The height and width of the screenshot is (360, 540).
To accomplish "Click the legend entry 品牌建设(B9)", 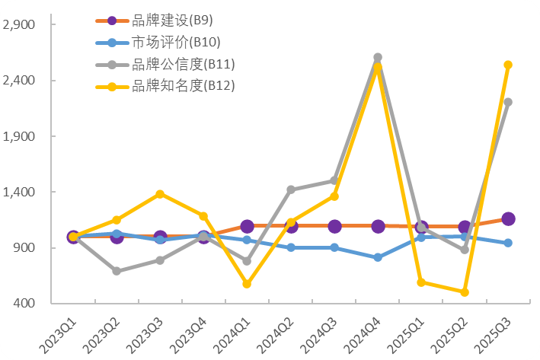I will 163,21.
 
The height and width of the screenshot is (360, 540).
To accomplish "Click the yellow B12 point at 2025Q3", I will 508,65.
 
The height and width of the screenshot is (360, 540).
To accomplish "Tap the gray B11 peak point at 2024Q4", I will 378,57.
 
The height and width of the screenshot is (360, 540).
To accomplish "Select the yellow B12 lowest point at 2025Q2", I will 465,292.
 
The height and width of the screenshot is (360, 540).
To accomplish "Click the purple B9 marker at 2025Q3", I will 508,219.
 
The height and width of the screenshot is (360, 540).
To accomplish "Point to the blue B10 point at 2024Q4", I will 378,258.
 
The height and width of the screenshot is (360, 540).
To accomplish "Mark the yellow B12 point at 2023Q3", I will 160,194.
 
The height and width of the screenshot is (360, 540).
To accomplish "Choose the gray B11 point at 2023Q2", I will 117,271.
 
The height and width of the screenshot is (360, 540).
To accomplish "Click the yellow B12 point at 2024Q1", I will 247,284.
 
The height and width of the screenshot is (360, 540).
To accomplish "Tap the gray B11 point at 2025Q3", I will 508,102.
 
